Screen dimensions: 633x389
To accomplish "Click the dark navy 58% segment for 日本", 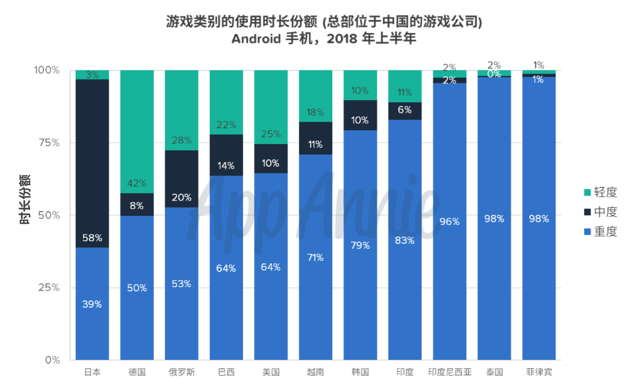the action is [x=92, y=164].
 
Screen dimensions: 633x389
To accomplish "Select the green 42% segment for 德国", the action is [x=137, y=131].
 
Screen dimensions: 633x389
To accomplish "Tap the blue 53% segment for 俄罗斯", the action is [x=182, y=283].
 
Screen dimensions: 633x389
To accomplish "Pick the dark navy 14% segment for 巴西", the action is [x=226, y=155].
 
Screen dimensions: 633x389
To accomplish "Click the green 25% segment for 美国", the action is [x=271, y=107].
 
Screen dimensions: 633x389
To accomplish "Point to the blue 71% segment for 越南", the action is [x=316, y=257].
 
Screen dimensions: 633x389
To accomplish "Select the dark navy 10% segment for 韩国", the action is [x=360, y=116].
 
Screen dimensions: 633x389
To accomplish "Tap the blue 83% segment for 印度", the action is [x=405, y=240].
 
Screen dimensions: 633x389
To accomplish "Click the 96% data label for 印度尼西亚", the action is [x=449, y=222].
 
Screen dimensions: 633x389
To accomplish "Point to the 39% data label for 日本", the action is [x=92, y=304].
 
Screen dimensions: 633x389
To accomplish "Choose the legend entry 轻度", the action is [x=601, y=192].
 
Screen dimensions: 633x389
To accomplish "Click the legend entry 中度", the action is [x=601, y=212].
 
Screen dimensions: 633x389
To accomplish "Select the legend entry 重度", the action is [x=601, y=231].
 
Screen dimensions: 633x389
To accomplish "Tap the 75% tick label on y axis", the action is [x=49, y=143].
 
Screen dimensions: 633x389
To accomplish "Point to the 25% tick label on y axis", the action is [x=49, y=287].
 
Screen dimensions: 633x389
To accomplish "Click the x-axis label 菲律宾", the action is [x=539, y=372].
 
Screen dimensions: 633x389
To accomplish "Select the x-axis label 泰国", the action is [x=494, y=372].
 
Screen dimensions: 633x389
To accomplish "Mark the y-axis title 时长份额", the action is [x=25, y=200].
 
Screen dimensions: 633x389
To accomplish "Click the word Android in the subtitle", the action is [x=256, y=39].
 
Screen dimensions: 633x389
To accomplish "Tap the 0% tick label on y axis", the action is [x=52, y=359].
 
